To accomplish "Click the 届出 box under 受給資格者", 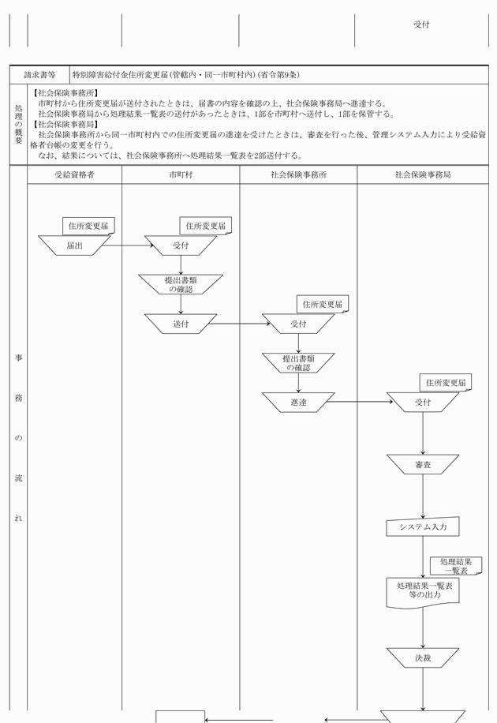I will click(75, 245).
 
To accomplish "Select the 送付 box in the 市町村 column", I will click(181, 324).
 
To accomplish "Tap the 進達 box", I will click(298, 403).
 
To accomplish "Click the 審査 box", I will click(423, 465).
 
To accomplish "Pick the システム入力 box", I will click(423, 526).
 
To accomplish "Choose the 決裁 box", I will click(423, 657).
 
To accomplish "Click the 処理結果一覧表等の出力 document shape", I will click(423, 591).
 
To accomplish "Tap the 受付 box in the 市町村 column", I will click(181, 245).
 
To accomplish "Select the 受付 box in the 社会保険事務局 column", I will click(423, 403).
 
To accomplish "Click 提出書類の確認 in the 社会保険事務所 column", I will click(298, 363).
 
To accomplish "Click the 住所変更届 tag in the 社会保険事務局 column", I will click(446, 383).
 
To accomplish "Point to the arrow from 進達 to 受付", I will click(360, 403).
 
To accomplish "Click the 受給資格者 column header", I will click(75, 174).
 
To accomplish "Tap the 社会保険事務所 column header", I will click(298, 174).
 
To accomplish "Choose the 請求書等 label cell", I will click(39, 75).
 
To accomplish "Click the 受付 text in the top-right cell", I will click(421, 24).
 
